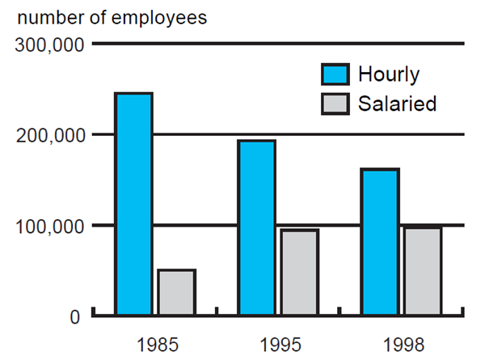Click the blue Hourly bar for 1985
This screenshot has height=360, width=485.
coord(133,203)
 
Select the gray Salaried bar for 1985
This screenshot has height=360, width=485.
coord(176,291)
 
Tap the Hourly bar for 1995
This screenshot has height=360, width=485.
coord(256,227)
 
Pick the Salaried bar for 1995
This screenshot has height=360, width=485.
coord(300,272)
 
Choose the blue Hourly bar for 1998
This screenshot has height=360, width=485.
coord(380,241)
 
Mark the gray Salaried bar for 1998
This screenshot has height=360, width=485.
coord(423,271)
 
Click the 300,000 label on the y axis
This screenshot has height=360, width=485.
coord(48,45)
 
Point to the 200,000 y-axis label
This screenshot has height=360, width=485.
coord(48,135)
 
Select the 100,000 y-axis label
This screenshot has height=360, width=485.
coord(48,226)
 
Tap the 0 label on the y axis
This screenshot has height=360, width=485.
coord(74,316)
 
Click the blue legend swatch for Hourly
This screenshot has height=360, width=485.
coord(335,74)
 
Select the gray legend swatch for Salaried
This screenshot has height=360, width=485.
coord(335,104)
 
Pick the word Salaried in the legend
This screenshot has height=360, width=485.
coord(398,104)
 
